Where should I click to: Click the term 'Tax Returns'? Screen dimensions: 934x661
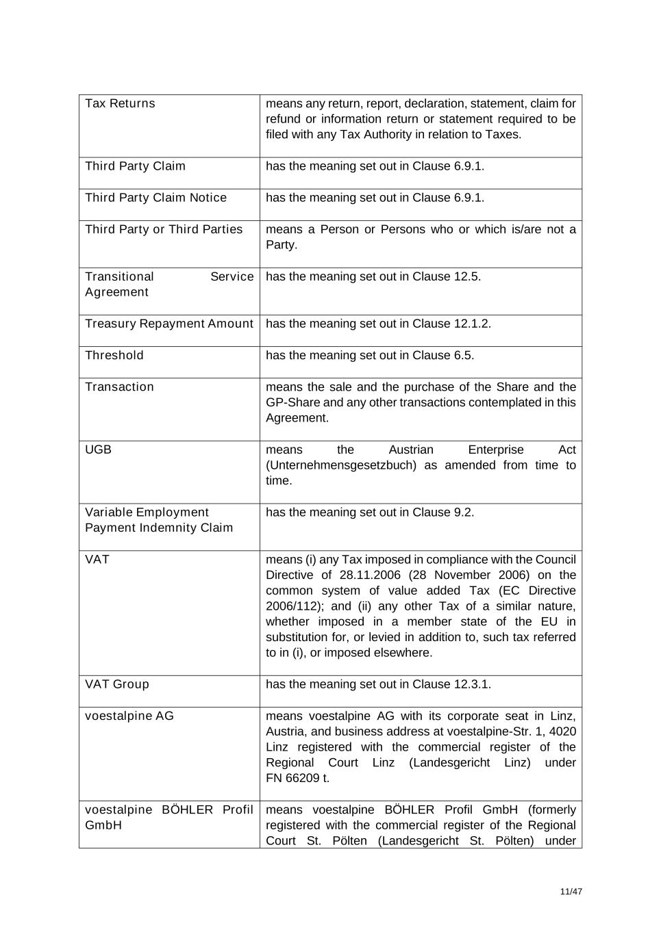(x=120, y=103)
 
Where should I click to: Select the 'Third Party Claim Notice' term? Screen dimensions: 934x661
(x=155, y=198)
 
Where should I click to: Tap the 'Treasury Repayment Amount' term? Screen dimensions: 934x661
(x=169, y=324)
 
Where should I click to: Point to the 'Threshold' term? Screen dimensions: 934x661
(x=114, y=355)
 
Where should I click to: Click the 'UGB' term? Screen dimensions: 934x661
(x=98, y=450)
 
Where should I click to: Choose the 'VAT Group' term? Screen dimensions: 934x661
(x=116, y=684)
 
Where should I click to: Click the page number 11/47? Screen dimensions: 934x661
(x=571, y=892)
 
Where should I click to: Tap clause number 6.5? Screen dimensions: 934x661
(x=463, y=355)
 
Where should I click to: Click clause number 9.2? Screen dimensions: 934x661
(x=463, y=513)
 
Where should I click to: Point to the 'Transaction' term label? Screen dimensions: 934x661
(x=119, y=387)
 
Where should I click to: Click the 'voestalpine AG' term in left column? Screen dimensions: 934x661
(x=129, y=716)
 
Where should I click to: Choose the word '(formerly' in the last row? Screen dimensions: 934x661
(x=552, y=809)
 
